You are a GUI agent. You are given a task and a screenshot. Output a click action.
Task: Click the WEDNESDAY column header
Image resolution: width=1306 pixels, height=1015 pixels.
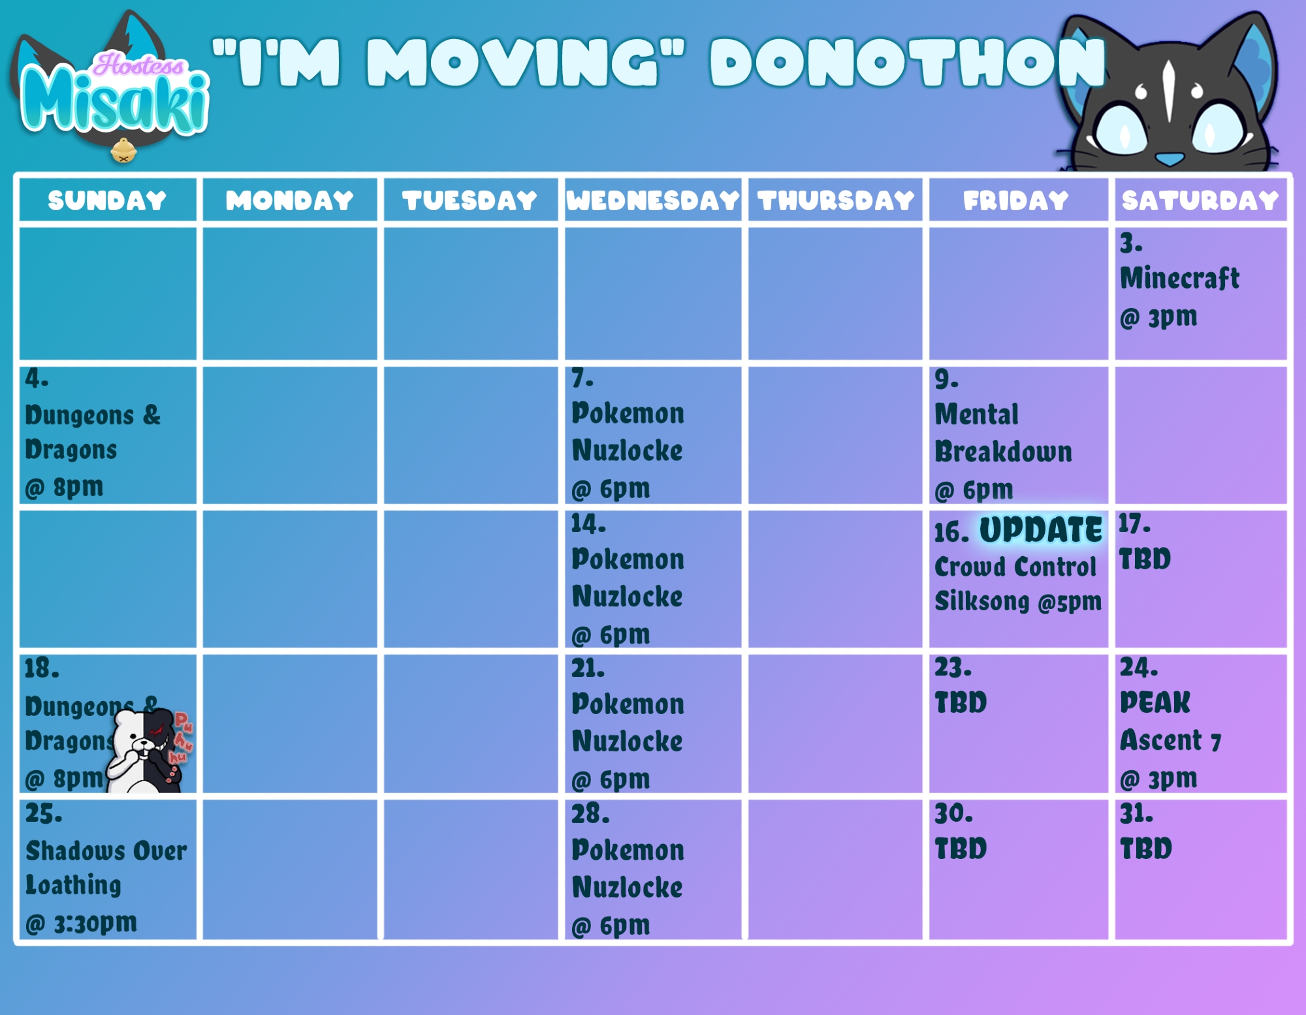(x=653, y=200)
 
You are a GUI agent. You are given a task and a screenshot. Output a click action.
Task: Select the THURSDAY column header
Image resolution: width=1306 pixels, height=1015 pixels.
(x=836, y=200)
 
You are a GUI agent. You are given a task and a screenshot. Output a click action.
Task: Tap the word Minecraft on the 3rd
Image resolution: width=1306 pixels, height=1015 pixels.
(x=1179, y=278)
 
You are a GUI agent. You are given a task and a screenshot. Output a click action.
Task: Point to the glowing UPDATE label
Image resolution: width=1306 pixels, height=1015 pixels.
(x=1041, y=529)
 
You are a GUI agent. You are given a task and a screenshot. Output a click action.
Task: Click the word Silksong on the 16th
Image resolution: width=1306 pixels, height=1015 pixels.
(x=981, y=601)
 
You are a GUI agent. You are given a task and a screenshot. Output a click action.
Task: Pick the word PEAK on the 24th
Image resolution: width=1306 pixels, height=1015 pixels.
(x=1155, y=702)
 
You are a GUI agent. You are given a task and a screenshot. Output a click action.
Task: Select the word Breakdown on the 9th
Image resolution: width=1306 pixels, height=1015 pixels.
(x=1003, y=452)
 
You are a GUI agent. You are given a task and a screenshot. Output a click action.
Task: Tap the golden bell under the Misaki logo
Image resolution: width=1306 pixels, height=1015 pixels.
(x=123, y=151)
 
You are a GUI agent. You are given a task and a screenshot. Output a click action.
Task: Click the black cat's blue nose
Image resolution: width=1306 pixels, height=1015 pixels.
(x=1170, y=159)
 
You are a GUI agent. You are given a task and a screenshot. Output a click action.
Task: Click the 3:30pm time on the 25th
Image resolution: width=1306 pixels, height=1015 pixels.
(x=95, y=923)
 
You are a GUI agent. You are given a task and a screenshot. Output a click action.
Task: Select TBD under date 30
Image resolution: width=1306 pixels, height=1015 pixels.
(x=961, y=849)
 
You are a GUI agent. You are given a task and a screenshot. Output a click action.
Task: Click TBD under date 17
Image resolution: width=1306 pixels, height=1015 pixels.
(x=1145, y=559)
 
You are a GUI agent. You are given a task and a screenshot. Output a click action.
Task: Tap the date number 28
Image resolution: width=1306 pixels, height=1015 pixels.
(x=590, y=813)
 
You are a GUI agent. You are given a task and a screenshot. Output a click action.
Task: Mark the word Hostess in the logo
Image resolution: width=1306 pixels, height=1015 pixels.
(x=138, y=65)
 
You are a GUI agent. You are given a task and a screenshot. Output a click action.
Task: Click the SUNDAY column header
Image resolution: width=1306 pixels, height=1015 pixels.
(x=107, y=200)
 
